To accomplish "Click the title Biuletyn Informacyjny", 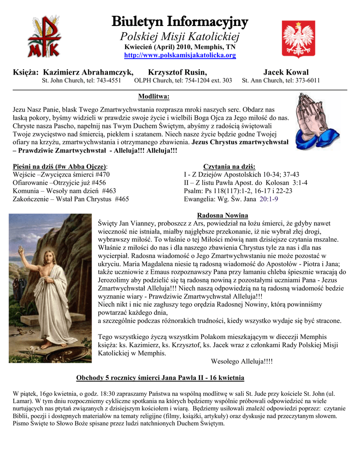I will click(180, 21).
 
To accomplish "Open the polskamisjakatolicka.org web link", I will click(180, 55).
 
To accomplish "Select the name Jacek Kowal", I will click(286, 72).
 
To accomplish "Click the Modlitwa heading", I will click(153, 96).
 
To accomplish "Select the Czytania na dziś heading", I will click(229, 166).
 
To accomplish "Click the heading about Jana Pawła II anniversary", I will click(160, 378).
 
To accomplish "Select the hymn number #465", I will click(122, 199).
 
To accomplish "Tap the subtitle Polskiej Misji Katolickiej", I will click(180, 37).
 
